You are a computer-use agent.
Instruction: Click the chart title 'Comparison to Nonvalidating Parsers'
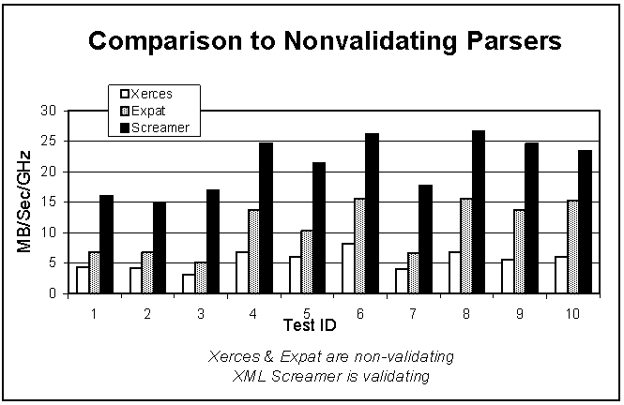click(x=324, y=41)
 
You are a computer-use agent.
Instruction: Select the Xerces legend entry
click(x=151, y=94)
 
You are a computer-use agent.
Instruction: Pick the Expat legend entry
click(x=147, y=111)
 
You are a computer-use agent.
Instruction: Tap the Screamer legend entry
click(x=155, y=127)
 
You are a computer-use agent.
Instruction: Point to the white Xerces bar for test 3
click(x=190, y=283)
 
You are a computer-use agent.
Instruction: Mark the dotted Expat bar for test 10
click(x=573, y=247)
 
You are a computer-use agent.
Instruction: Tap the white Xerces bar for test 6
click(x=348, y=268)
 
